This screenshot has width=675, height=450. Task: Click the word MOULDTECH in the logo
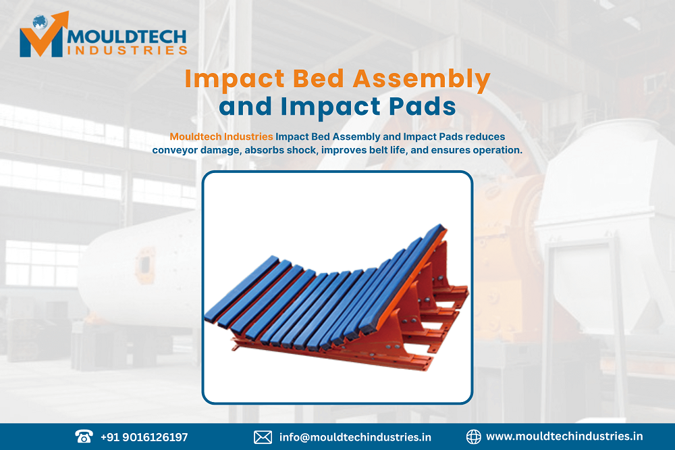pyautogui.click(x=126, y=36)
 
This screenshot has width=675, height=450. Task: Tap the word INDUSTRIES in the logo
pyautogui.click(x=126, y=51)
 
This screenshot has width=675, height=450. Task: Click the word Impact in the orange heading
pyautogui.click(x=225, y=80)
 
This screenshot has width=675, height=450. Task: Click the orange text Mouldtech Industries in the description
pyautogui.click(x=221, y=136)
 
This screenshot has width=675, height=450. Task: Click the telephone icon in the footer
pyautogui.click(x=83, y=436)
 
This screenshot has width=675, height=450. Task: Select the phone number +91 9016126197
pyautogui.click(x=144, y=437)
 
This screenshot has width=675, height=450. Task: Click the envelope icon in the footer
pyautogui.click(x=263, y=437)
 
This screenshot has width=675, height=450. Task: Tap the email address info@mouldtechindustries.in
pyautogui.click(x=355, y=437)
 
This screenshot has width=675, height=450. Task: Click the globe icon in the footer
pyautogui.click(x=473, y=437)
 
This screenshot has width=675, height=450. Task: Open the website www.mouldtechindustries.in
pyautogui.click(x=564, y=437)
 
